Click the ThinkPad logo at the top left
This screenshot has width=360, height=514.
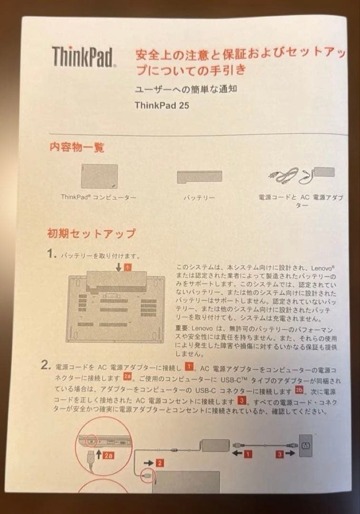84,57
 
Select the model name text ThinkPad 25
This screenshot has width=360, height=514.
162,105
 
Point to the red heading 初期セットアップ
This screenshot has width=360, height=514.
91,233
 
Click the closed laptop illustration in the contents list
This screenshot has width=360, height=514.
98,176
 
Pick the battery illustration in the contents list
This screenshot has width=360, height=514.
199,177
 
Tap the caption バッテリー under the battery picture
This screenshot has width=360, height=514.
199,197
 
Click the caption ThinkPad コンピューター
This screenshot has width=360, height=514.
98,196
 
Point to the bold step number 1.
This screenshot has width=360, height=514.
52,254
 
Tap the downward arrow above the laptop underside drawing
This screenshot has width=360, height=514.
118,268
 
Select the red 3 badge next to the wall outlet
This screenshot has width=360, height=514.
281,454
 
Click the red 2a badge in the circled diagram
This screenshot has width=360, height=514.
108,455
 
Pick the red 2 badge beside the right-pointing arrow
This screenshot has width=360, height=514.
160,462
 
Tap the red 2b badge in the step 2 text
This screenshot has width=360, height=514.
299,390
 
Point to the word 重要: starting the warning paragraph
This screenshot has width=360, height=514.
183,329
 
